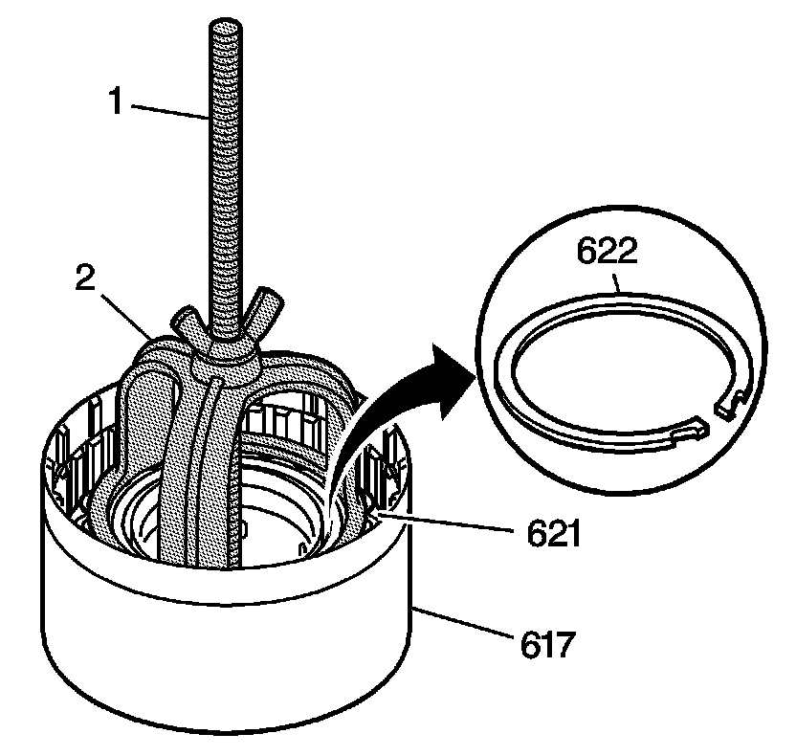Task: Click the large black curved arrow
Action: [383, 411]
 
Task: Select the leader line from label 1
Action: [167, 109]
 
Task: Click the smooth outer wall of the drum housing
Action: [220, 660]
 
